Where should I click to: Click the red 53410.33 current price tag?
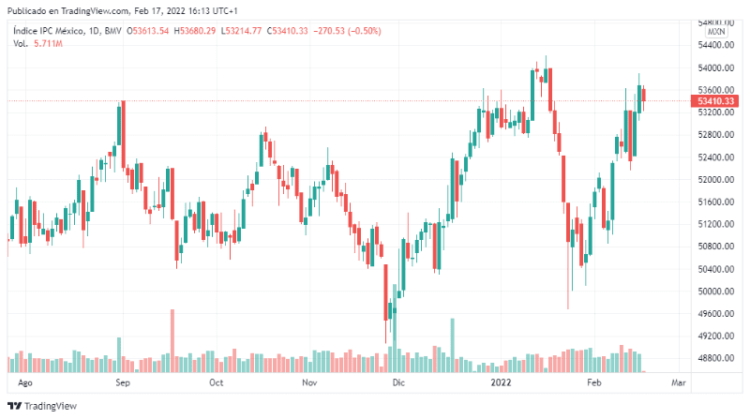[715, 101]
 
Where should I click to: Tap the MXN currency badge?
[717, 31]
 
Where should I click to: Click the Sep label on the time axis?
[123, 383]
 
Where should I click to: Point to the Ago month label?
[26, 383]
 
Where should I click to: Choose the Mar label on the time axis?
[679, 383]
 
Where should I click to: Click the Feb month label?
[593, 383]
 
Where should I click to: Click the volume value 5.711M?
[47, 44]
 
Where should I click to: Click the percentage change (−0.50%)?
[353, 31]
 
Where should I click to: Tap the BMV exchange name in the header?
[113, 31]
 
